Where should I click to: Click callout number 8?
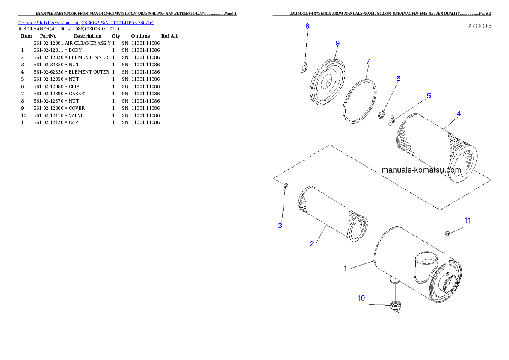[307, 26]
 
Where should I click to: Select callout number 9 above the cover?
[337, 43]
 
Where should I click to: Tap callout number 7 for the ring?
[368, 61]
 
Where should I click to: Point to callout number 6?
[398, 79]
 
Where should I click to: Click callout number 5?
[429, 96]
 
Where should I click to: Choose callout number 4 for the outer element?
[459, 113]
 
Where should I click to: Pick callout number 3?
[280, 225]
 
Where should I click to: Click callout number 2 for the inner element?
[311, 244]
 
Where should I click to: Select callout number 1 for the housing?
[345, 269]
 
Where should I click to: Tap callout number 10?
[361, 298]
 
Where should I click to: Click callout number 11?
[468, 220]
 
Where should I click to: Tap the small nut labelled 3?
[286, 185]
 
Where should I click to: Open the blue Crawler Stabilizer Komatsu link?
[86, 23]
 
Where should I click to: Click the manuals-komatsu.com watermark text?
[421, 170]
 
